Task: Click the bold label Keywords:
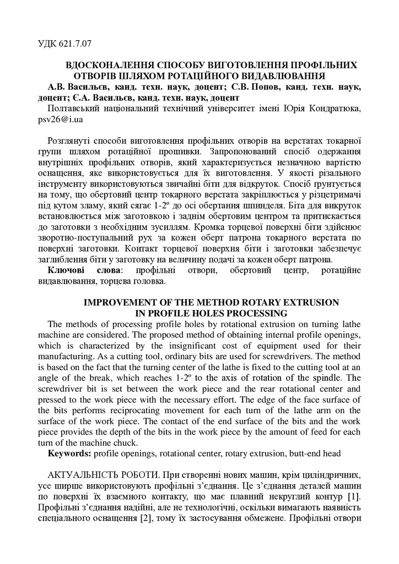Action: coord(70,453)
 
